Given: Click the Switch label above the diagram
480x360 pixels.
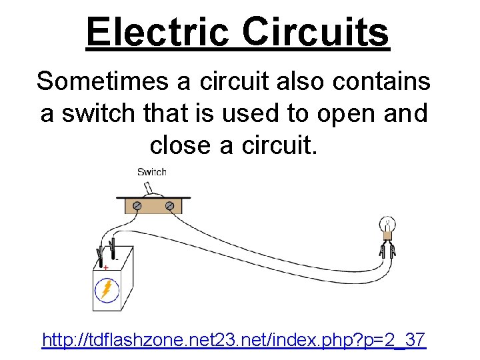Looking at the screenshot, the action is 151,172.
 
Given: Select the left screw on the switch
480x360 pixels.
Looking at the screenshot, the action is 137,207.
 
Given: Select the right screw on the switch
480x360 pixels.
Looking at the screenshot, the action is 170,207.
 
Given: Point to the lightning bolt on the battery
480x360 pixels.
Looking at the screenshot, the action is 106,289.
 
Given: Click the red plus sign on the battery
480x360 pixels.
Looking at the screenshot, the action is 105,267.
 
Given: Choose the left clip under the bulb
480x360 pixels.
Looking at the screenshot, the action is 381,251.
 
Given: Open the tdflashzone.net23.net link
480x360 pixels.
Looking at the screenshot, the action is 233,340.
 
